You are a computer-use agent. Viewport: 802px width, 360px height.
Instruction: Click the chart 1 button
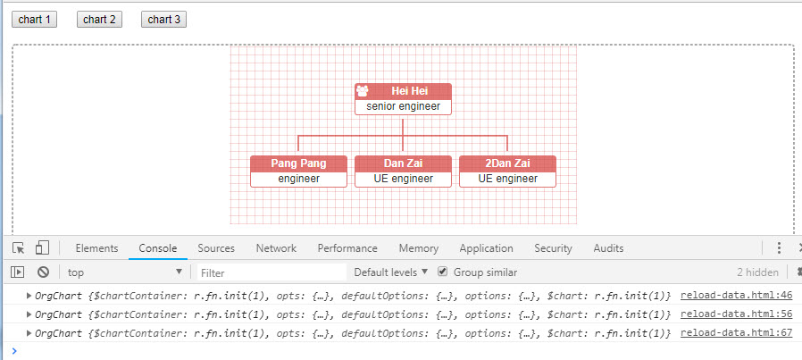(35, 20)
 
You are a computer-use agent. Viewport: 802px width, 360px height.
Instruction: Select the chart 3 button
(163, 20)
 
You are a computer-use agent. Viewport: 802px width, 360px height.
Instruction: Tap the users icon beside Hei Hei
(363, 91)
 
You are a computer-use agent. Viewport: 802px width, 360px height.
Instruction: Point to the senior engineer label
(403, 106)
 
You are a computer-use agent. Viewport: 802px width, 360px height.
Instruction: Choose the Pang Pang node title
(298, 163)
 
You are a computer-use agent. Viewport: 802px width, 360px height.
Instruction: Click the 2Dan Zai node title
(507, 163)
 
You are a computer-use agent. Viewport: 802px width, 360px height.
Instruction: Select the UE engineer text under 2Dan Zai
(507, 179)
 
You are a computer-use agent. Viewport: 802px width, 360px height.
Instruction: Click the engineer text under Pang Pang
(298, 179)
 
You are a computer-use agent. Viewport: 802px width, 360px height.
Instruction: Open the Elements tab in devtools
(96, 248)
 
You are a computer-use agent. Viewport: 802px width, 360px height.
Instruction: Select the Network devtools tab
(276, 248)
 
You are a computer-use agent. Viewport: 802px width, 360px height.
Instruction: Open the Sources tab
(216, 248)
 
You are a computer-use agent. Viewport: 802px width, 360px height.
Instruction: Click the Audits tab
(608, 248)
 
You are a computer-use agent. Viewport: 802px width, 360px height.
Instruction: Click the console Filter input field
(271, 272)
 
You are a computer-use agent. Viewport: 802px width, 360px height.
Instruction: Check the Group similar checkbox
(443, 272)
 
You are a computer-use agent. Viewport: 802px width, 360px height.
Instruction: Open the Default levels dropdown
(390, 272)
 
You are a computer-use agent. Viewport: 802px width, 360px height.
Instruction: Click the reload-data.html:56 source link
(724, 314)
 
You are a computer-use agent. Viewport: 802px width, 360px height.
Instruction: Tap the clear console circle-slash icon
(43, 272)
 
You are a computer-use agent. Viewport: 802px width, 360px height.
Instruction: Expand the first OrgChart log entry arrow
(29, 295)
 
